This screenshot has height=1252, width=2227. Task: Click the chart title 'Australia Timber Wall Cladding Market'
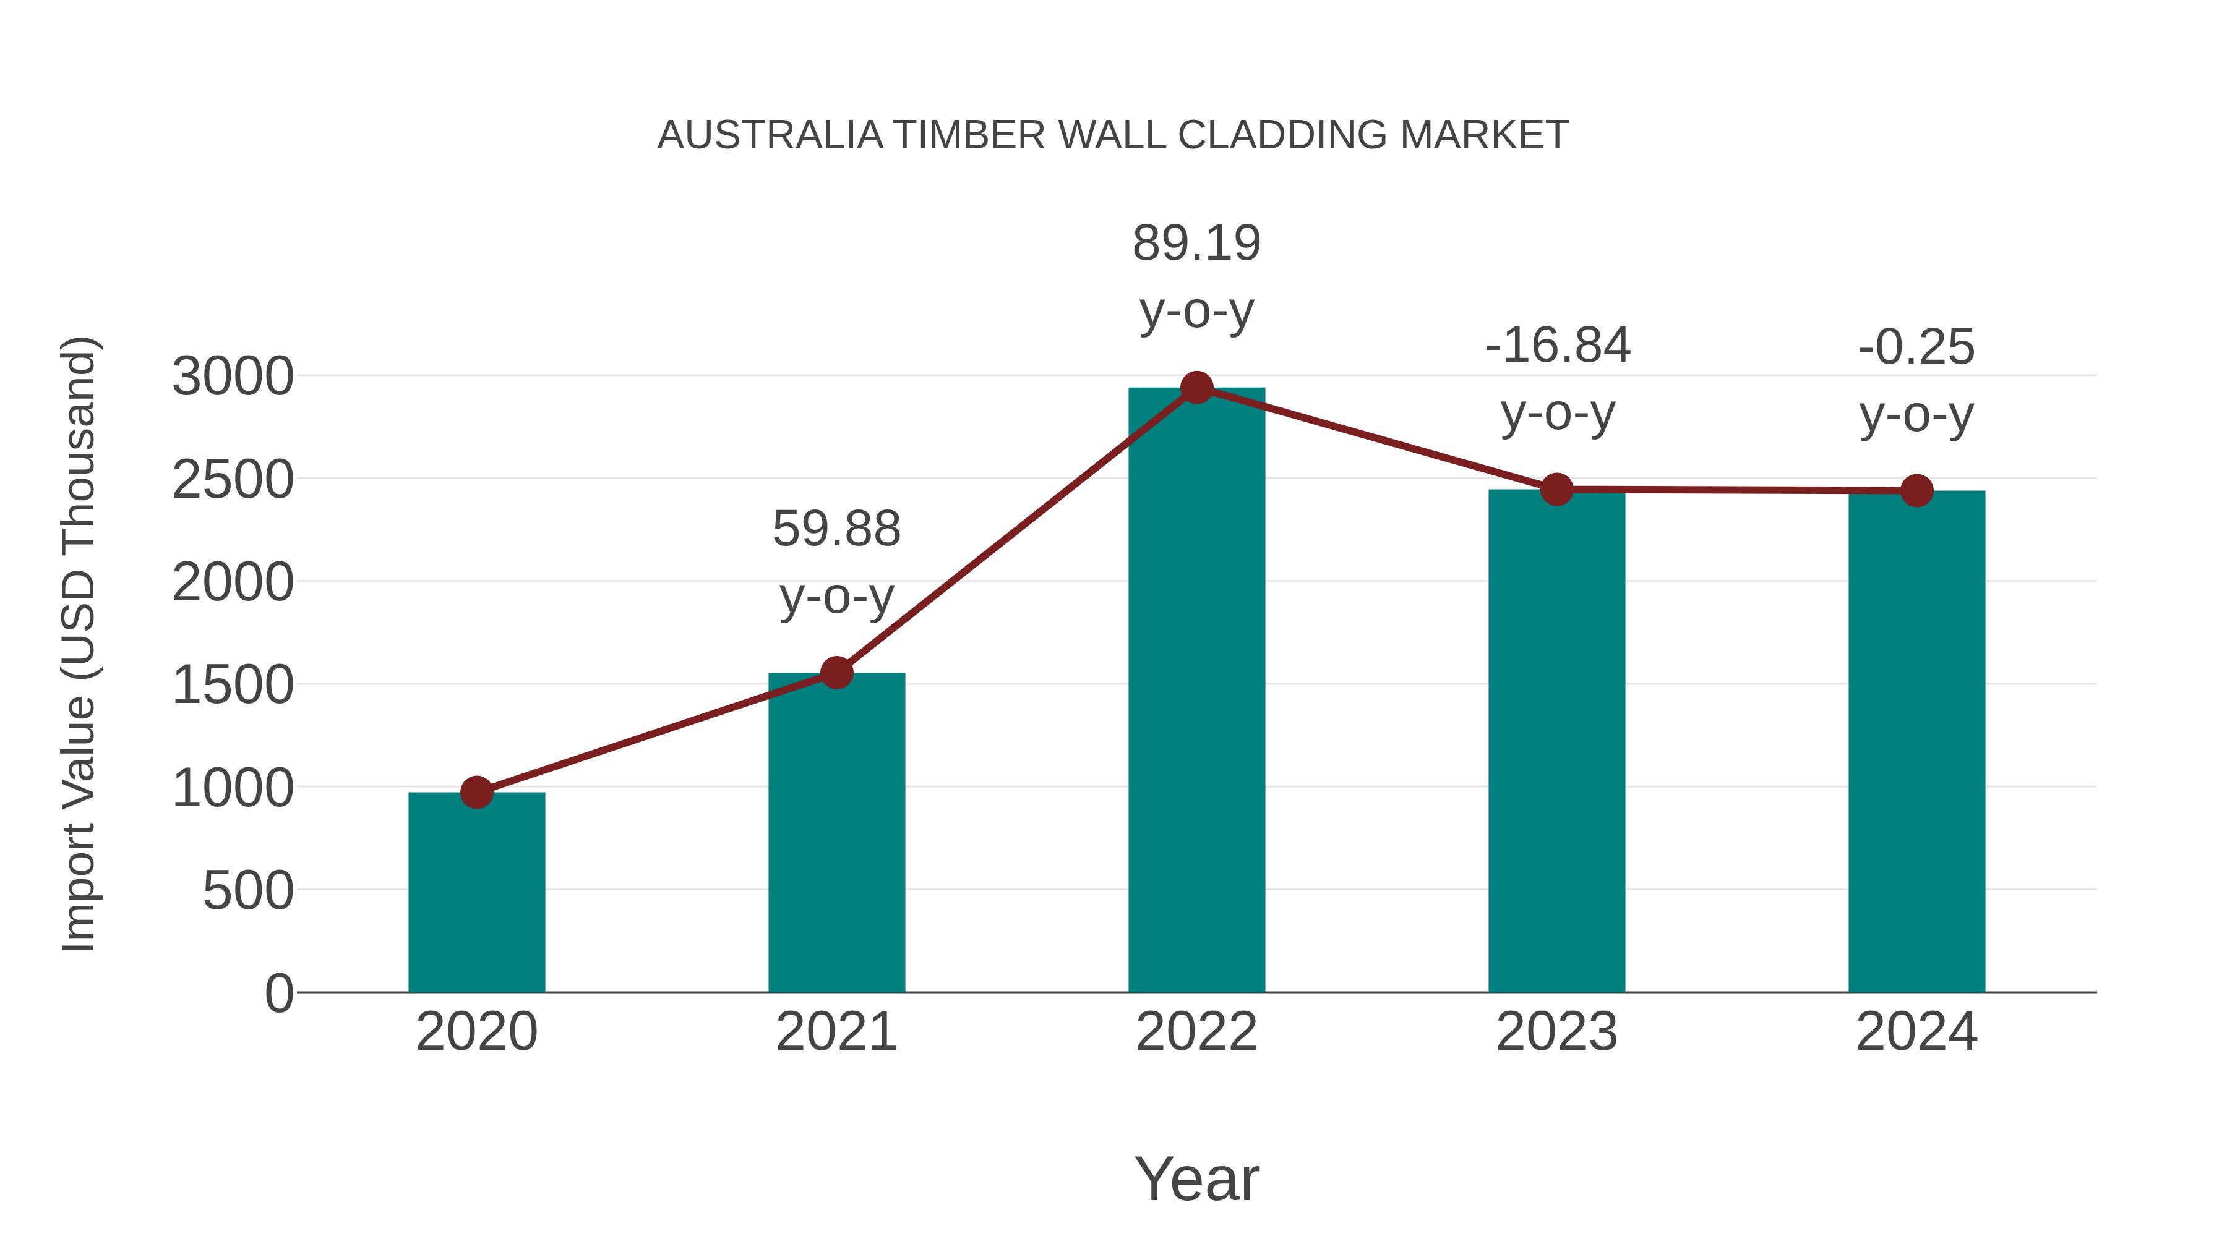coord(1113,135)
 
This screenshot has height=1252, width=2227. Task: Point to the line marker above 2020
coord(476,791)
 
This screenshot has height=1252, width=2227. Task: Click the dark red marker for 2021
coord(836,672)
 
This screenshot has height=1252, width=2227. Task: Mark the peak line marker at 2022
coord(1196,388)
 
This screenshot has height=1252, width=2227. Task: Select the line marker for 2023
coord(1556,489)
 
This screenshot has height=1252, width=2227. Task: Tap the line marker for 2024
coord(1916,491)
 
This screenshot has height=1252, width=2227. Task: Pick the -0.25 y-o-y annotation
coord(1916,380)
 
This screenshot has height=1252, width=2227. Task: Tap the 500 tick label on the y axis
coord(248,891)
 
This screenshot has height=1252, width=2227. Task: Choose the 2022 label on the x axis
coord(1196,1032)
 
